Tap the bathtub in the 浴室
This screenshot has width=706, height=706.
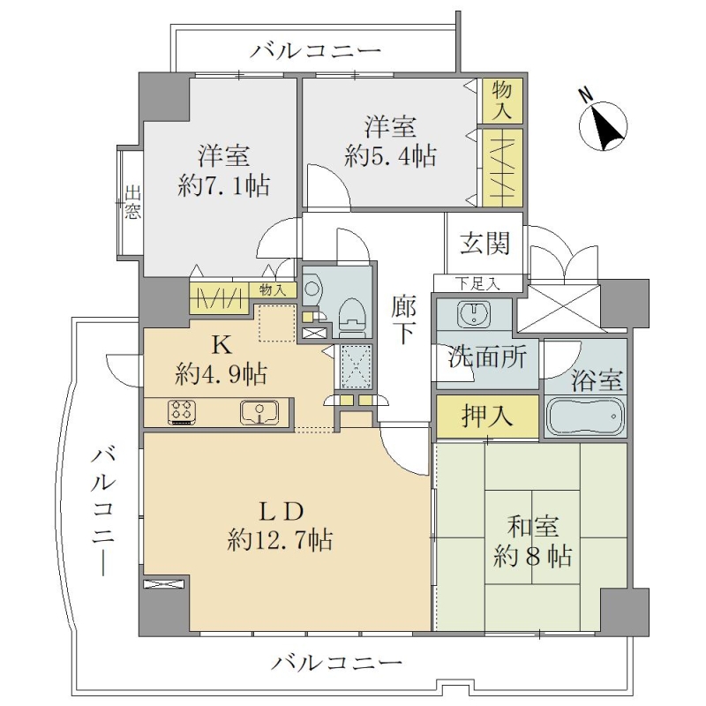point(585,416)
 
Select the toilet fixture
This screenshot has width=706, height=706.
point(352,318)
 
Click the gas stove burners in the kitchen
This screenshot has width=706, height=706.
point(183,411)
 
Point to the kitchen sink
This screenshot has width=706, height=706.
point(259,411)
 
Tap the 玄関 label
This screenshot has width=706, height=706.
point(484,244)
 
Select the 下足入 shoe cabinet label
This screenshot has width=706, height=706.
point(477,284)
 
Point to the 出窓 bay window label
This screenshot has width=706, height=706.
point(132,203)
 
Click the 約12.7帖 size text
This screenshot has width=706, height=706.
point(280,539)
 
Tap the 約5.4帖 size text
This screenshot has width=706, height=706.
point(390,156)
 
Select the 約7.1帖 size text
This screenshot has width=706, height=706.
point(224,185)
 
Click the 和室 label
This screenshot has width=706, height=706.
point(533,526)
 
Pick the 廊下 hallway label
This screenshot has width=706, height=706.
point(403,319)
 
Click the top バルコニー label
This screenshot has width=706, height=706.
point(315,52)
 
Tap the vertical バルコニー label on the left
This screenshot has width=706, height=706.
point(104,513)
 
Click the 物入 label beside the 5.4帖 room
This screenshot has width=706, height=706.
point(501,101)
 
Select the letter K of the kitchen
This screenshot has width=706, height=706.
point(222,345)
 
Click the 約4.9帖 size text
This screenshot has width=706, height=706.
point(222,373)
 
